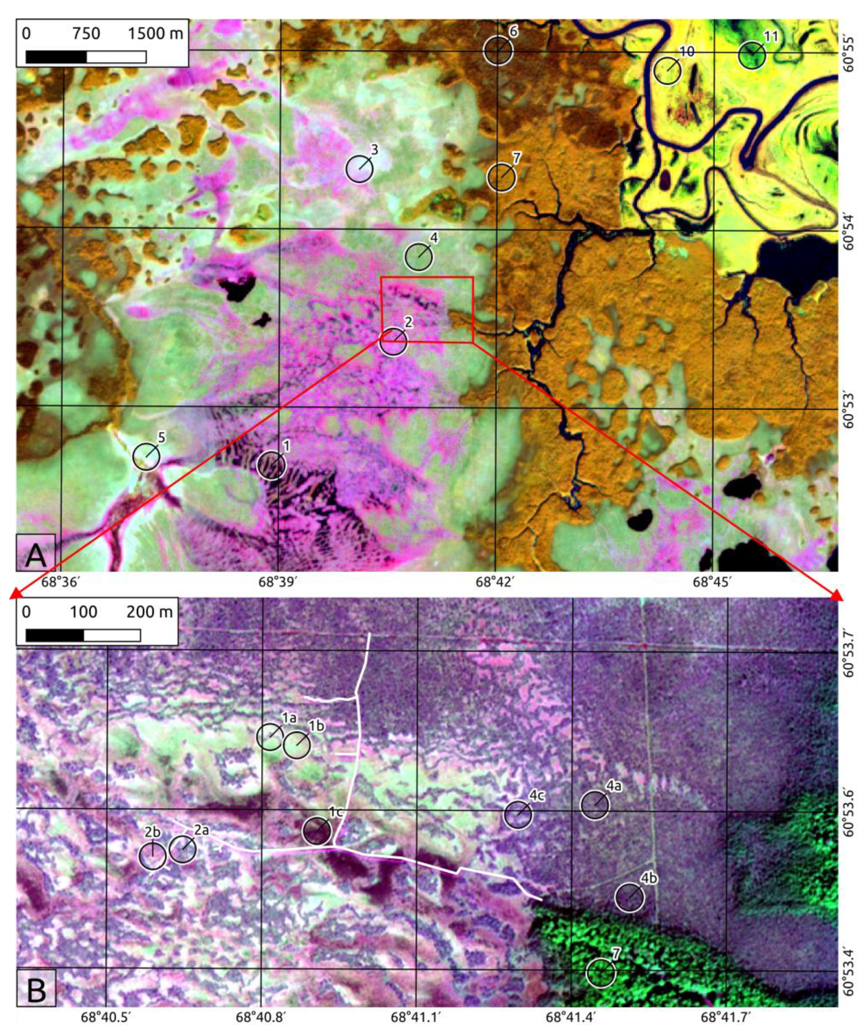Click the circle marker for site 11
(x=751, y=55)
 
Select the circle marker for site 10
(x=667, y=71)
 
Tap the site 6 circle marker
(x=498, y=51)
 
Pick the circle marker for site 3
(x=359, y=169)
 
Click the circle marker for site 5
(x=146, y=456)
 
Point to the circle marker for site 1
(x=272, y=465)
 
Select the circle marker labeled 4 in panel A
(x=418, y=256)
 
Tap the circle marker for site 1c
(x=317, y=831)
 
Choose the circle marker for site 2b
(x=153, y=855)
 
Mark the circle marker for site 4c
(x=518, y=815)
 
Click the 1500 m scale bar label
(x=156, y=33)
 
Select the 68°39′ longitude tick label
(x=277, y=582)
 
